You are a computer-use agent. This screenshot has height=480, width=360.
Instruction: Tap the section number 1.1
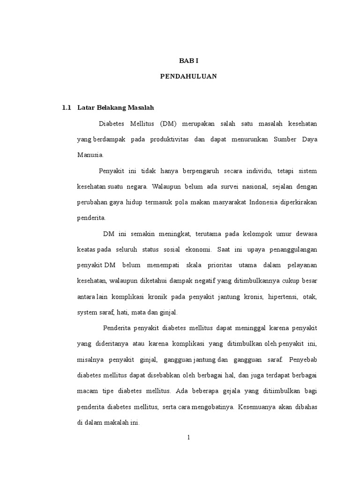[66, 108]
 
